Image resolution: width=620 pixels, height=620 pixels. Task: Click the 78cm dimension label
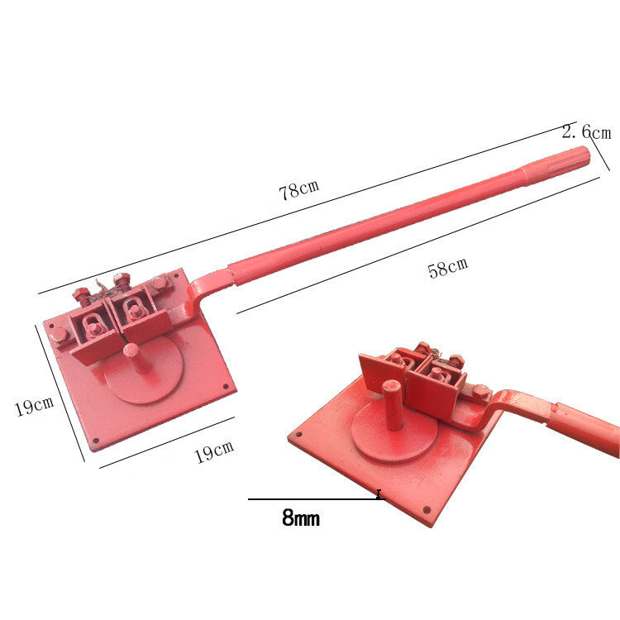coord(299,190)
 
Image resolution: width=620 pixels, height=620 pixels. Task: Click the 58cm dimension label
coord(448,268)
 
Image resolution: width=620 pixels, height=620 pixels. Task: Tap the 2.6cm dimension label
coord(587,131)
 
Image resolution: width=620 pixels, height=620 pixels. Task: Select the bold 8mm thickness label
coord(301,517)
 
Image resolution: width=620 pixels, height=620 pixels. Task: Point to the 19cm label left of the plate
coord(34,406)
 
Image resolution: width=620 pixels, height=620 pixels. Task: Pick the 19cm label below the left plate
coord(214,451)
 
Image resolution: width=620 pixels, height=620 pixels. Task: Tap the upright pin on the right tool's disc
coord(393,404)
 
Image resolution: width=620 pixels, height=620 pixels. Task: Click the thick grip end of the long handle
coord(556,163)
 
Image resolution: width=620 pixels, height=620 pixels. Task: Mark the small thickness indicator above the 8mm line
coord(379,494)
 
